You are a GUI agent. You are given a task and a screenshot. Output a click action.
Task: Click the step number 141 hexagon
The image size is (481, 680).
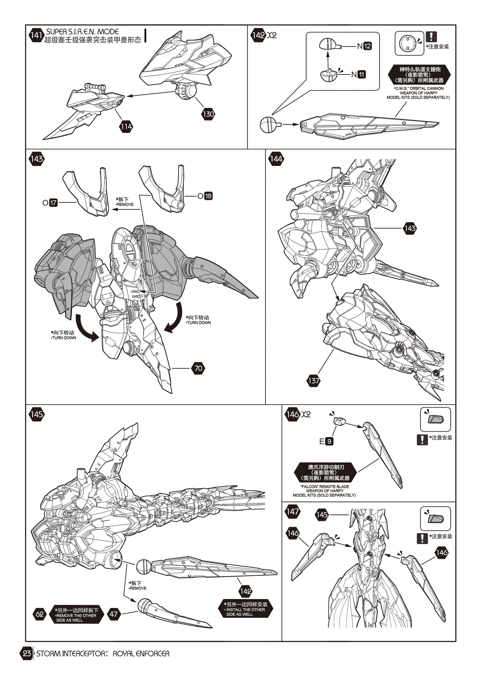click(x=36, y=35)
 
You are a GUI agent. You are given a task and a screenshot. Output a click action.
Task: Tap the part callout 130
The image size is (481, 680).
click(x=208, y=114)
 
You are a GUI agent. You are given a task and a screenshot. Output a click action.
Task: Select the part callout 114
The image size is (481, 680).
click(x=126, y=127)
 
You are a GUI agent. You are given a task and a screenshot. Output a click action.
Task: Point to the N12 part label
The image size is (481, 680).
click(x=364, y=46)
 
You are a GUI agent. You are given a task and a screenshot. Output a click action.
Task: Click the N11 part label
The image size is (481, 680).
click(x=358, y=74)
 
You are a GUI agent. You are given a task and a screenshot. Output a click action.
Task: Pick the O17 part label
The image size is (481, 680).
click(x=50, y=203)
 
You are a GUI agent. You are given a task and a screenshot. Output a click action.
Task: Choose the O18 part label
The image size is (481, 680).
click(x=205, y=196)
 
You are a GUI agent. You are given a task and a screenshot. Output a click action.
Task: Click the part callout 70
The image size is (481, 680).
click(x=198, y=368)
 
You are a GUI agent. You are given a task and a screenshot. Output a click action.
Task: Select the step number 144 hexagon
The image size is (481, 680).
click(x=276, y=159)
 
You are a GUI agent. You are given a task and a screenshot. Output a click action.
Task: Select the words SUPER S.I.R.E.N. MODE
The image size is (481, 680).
click(x=82, y=32)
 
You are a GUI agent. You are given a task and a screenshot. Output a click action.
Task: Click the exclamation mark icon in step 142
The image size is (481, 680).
click(x=431, y=37)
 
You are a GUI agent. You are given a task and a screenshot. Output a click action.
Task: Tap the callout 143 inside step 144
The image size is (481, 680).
click(x=410, y=228)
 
